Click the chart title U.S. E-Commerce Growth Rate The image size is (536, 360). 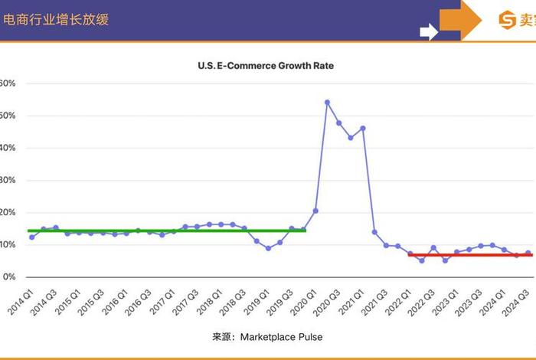(x=266, y=66)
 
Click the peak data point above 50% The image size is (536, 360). (x=327, y=102)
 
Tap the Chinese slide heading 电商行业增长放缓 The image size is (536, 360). (x=56, y=20)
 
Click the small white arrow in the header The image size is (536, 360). (x=428, y=31)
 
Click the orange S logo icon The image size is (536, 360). (x=507, y=20)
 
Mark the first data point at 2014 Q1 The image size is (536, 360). (x=31, y=237)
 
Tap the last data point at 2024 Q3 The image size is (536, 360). (x=528, y=253)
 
